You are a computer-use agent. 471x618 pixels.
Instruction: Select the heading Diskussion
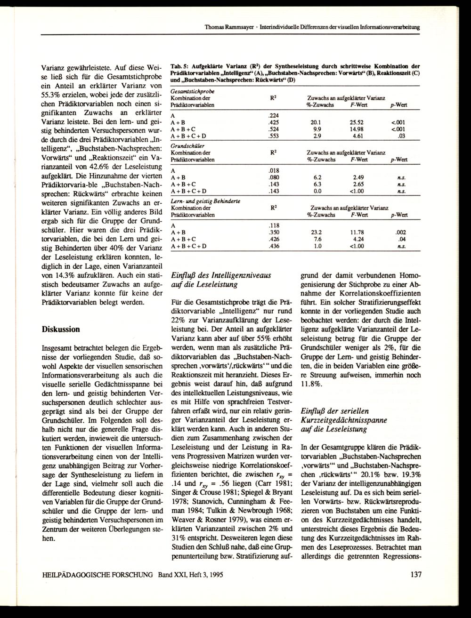[x=61, y=329]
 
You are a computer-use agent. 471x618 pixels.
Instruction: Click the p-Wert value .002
[x=401, y=232]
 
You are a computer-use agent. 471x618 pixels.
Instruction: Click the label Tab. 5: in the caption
[x=179, y=66]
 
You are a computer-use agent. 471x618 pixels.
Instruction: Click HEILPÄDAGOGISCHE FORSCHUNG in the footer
[x=98, y=575]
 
